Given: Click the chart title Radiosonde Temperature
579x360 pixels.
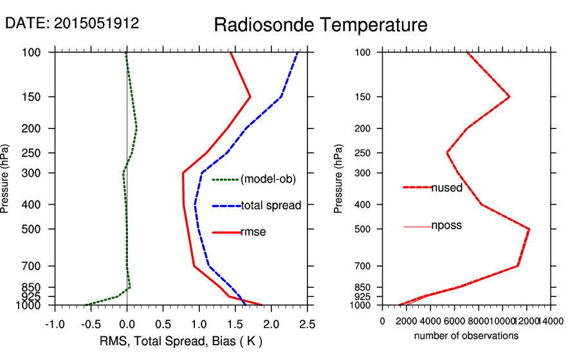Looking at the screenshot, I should [x=320, y=25].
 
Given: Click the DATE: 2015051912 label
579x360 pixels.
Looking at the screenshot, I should [x=72, y=23].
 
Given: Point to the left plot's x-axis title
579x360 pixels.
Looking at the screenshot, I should [x=181, y=341].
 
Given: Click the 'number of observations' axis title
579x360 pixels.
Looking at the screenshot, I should [x=466, y=336].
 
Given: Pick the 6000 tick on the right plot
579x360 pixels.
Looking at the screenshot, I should [x=455, y=321].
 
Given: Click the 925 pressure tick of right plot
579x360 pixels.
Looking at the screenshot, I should [x=364, y=296].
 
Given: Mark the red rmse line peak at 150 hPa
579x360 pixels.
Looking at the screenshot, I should [x=250, y=97].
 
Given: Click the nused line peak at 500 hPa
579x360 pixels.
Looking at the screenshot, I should [x=529, y=229].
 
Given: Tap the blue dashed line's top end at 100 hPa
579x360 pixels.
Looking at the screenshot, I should [x=298, y=53].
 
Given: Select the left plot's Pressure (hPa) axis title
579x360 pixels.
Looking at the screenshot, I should [x=6, y=179].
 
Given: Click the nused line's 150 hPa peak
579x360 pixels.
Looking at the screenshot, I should [x=510, y=97].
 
